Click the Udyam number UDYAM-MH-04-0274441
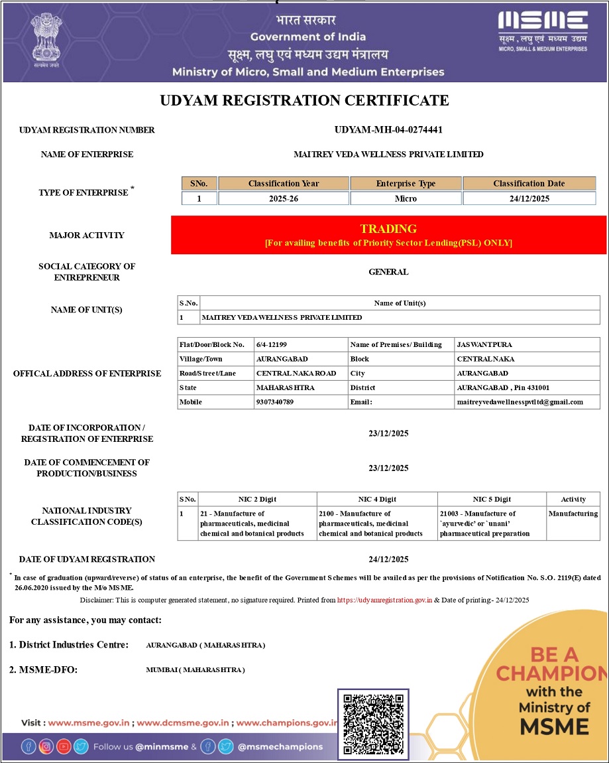tap(388, 130)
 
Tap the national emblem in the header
tap(46, 42)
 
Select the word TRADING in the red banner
tap(388, 229)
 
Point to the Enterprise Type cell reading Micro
tap(406, 198)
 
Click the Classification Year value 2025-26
tap(283, 198)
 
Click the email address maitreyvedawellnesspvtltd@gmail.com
tap(520, 402)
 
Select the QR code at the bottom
tap(373, 723)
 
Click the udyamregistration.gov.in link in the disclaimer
tap(384, 600)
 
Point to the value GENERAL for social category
tap(388, 272)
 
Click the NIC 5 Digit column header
tap(492, 499)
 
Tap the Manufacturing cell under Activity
tap(573, 514)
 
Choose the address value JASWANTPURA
tap(484, 345)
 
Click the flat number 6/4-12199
tap(272, 345)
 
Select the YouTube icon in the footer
tap(64, 746)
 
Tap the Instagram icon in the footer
tap(46, 746)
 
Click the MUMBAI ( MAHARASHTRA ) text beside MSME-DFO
tap(195, 670)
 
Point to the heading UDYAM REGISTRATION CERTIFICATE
tap(305, 101)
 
